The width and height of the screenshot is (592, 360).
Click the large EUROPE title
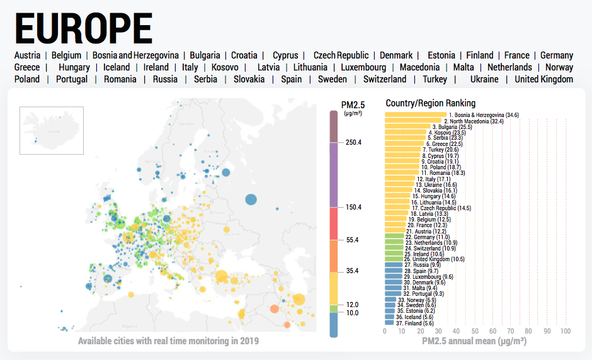coord(83,28)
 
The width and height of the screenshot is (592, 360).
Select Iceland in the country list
coord(117,67)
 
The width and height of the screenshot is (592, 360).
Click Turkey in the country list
coord(435,79)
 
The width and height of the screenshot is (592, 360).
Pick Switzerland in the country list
coord(384,79)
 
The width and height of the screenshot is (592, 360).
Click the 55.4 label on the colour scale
coord(351,240)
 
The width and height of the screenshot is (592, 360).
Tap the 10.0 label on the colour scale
coord(351,313)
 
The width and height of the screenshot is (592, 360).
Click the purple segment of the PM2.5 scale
coord(334,175)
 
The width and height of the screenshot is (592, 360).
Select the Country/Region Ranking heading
coord(431,103)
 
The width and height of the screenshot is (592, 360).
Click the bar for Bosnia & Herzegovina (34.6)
coord(416,115)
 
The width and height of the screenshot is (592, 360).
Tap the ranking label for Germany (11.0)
coord(428,237)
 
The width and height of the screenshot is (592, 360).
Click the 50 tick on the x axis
coord(475,331)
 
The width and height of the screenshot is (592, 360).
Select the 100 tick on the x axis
coord(565,331)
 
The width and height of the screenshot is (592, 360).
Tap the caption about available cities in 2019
coord(168,341)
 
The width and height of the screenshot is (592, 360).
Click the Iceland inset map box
coord(52,130)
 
